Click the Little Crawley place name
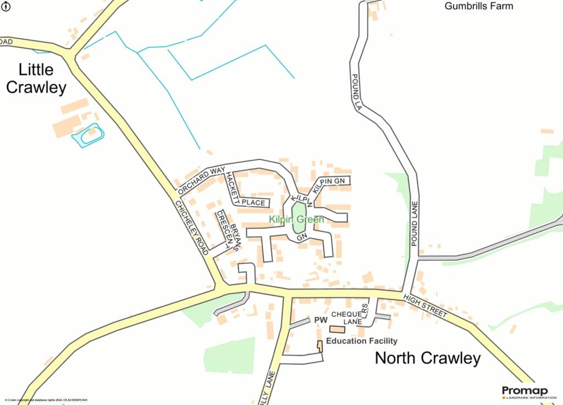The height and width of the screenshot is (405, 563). (36, 79)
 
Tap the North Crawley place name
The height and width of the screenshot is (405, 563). (427, 358)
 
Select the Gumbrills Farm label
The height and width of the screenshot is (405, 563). (478, 7)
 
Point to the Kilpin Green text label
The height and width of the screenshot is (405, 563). (296, 220)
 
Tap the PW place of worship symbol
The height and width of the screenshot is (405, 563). (321, 320)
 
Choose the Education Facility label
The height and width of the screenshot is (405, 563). (361, 341)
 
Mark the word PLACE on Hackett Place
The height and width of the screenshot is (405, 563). (253, 203)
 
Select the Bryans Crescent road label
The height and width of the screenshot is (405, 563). (230, 231)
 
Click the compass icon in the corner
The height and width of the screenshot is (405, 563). (6, 6)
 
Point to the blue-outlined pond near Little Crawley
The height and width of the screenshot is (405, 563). (88, 135)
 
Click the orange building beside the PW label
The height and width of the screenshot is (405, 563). (337, 329)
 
